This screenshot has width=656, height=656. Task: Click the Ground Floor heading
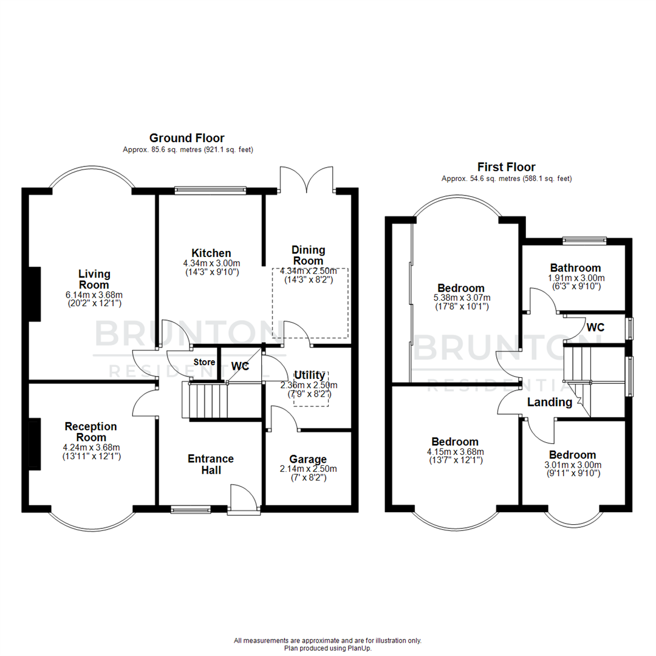[187, 138]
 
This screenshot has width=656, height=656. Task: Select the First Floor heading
[506, 167]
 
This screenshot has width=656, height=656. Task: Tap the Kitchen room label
[211, 253]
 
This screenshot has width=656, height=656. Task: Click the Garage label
[307, 459]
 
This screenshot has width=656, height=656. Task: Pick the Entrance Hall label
[211, 464]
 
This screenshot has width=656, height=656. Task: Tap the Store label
[204, 363]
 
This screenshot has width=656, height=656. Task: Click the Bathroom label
[575, 268]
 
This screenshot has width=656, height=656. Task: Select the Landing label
[549, 402]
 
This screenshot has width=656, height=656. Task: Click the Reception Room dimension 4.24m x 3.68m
[91, 447]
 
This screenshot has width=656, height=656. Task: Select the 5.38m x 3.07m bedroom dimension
[462, 298]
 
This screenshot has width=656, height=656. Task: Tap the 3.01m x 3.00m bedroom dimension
[572, 465]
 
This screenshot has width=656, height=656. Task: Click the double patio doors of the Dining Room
[307, 178]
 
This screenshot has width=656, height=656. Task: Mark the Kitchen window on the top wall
[211, 191]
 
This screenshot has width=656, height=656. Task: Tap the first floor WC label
[595, 327]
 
